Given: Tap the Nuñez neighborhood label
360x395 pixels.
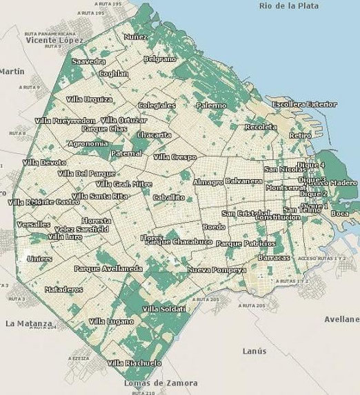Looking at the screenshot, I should click(x=136, y=36).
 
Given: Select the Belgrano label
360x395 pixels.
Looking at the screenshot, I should click(x=159, y=60).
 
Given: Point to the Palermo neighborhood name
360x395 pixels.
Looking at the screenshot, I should click(x=210, y=105).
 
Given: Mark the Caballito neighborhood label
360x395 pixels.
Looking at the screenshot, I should click(x=169, y=197).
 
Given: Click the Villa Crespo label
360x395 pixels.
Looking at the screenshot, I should click(x=174, y=157).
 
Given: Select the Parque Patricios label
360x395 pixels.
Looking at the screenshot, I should click(x=246, y=243).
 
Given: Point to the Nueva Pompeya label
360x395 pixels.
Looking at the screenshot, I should click(x=216, y=270).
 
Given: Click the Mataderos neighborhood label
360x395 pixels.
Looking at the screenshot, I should click(x=63, y=290).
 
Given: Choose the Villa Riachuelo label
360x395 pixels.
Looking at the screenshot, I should click(x=134, y=363).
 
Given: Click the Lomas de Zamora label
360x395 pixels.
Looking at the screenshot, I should click(x=159, y=383).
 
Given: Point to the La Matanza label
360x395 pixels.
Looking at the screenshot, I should click(x=28, y=323).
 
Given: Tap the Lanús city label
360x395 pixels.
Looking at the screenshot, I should click(x=254, y=351).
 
